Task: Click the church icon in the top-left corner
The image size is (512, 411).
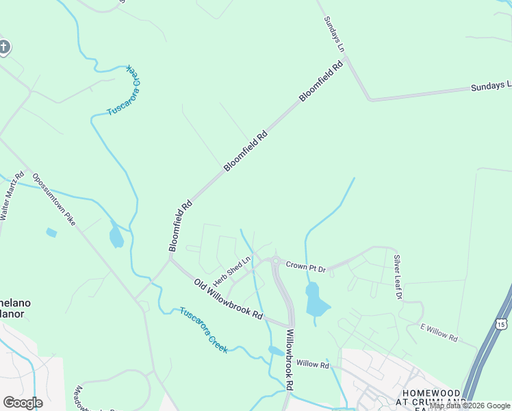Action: coord(4,47)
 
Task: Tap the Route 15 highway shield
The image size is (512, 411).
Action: coord(503,323)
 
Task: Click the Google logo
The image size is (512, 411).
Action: coord(23,403)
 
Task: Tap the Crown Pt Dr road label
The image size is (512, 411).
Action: coord(305,266)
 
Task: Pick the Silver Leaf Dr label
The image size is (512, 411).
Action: coord(397,277)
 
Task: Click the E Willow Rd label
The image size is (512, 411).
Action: coord(439,334)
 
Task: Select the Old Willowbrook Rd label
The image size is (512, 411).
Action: coord(228,300)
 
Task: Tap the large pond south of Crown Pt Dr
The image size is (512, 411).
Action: coord(315,299)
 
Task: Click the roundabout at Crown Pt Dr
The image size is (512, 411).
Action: coord(275,261)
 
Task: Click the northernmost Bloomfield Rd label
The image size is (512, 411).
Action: coord(320,83)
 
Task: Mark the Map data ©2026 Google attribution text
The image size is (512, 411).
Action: coord(470,406)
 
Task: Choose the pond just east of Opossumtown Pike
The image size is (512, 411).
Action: coord(116,238)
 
